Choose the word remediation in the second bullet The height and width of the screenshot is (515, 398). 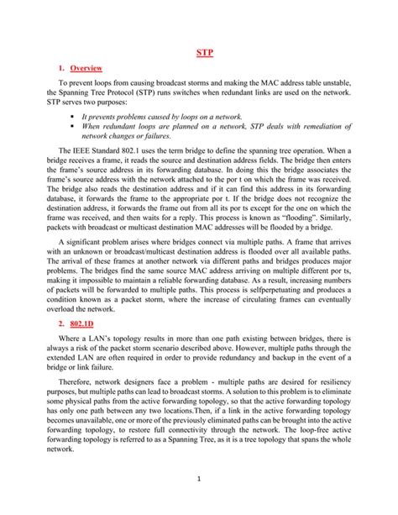319,129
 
